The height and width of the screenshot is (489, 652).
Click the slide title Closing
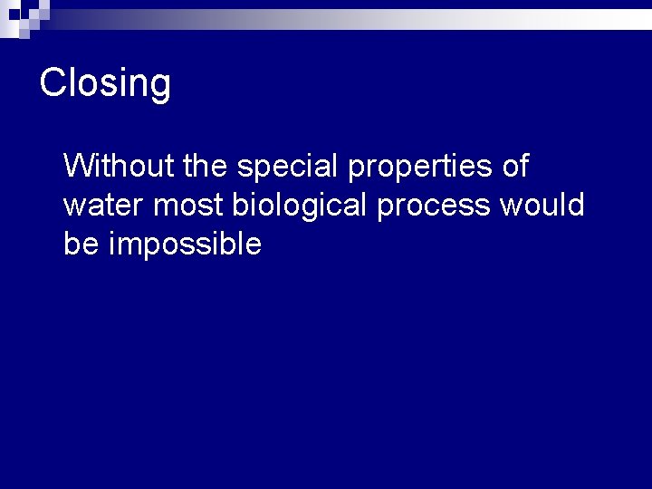tap(105, 83)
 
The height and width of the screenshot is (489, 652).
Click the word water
tap(104, 206)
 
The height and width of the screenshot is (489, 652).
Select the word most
tap(188, 206)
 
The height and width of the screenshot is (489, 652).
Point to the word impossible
tap(185, 245)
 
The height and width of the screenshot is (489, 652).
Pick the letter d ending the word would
tap(576, 206)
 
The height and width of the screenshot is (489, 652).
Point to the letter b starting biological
tap(239, 206)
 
